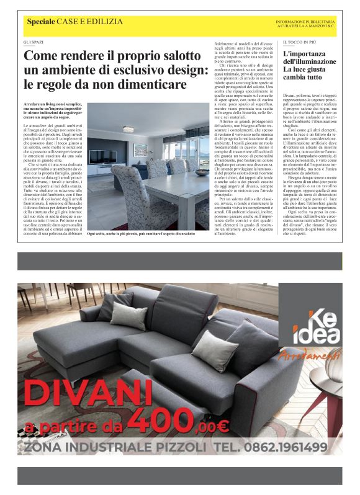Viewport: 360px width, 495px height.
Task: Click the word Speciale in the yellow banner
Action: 41,22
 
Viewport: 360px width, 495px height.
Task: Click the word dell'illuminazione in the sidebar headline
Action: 307,62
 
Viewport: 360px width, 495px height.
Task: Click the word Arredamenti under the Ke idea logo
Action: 319,356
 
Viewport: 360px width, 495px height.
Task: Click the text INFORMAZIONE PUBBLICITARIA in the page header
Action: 305,20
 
